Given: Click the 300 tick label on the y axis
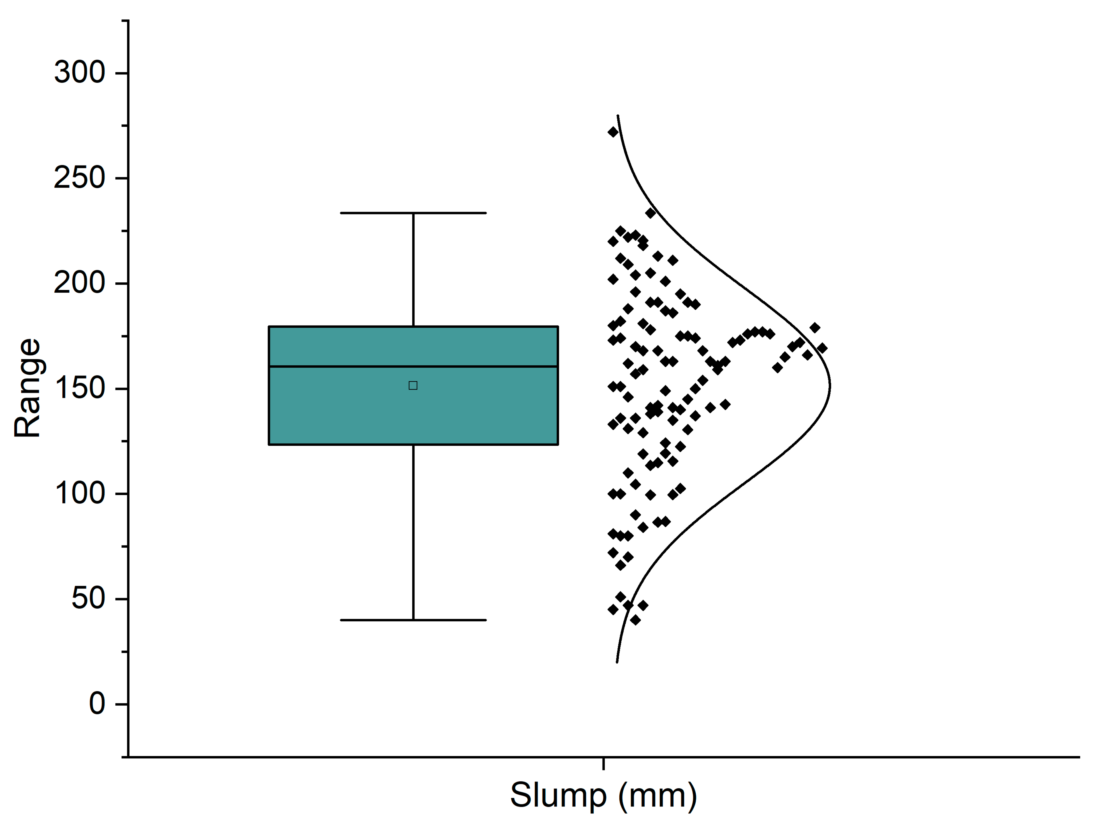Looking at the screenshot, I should click(79, 73).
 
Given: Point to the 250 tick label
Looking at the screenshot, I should click(79, 178).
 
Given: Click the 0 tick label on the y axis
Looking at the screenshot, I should click(97, 704).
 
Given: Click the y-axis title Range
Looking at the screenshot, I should click(27, 388).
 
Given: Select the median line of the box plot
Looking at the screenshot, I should click(413, 366).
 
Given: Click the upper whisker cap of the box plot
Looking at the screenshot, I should click(413, 213).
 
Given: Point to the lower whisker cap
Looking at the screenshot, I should click(413, 620).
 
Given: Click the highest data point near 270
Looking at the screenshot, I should click(613, 132).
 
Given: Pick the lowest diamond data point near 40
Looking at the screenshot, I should click(635, 620).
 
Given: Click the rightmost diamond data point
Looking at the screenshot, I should click(822, 348).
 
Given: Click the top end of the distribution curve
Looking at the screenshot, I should click(618, 115).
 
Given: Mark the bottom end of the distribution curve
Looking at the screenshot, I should click(617, 662).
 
